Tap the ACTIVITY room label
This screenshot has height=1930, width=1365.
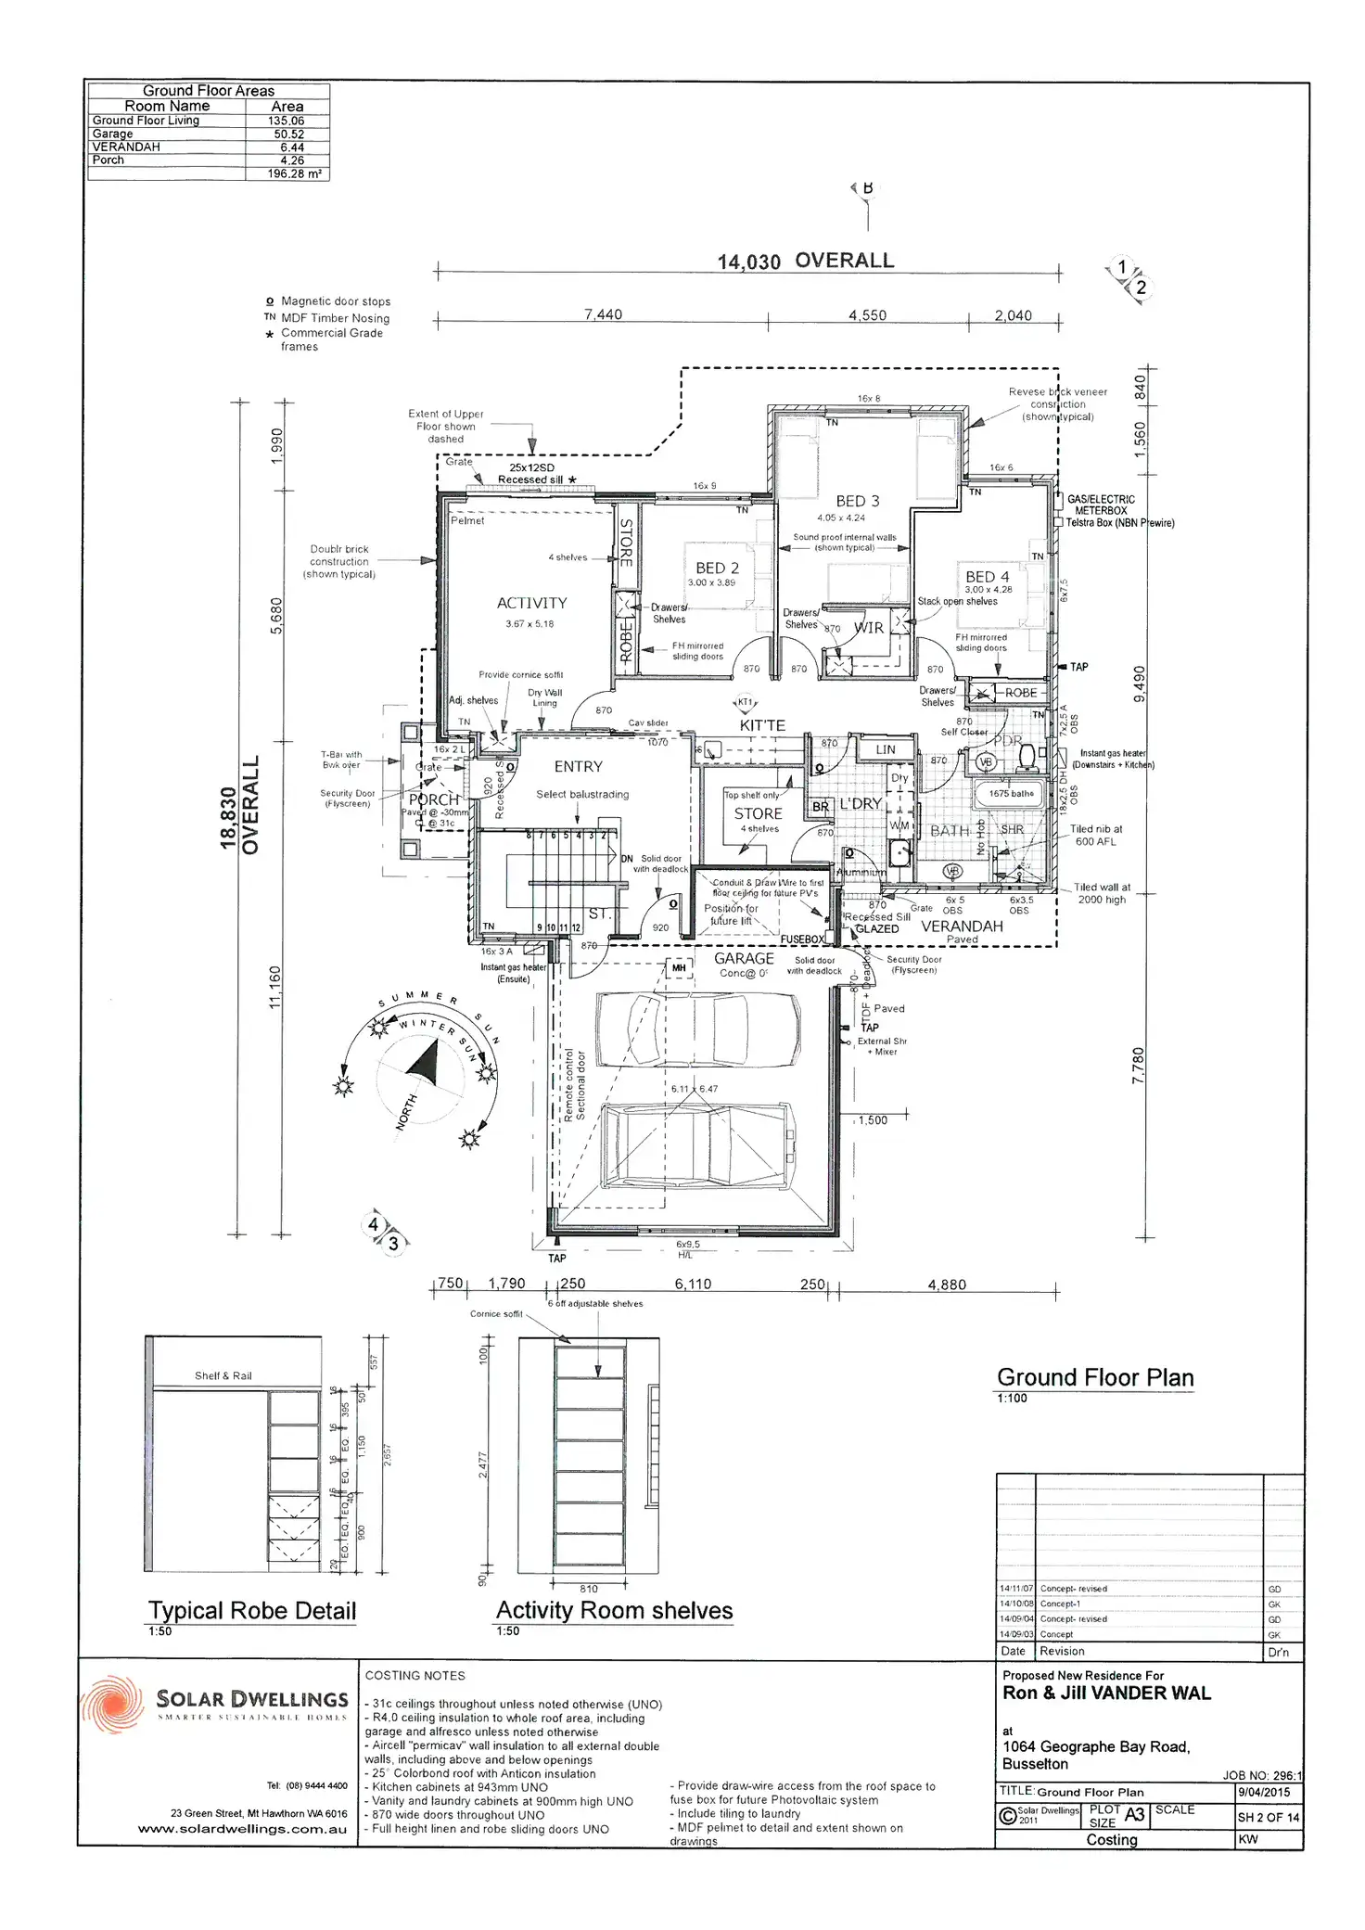[531, 603]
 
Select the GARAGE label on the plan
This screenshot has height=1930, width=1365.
[744, 958]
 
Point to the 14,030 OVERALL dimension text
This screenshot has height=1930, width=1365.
[805, 262]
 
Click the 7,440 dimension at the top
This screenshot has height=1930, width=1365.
[603, 314]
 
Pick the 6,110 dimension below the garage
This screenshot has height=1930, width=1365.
[693, 1284]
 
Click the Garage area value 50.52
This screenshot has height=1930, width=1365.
[288, 134]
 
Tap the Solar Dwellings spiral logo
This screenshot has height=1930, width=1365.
[113, 1704]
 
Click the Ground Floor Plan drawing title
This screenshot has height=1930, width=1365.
[1095, 1377]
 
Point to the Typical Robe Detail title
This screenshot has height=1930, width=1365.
[252, 1611]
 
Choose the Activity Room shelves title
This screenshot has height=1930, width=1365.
[614, 1611]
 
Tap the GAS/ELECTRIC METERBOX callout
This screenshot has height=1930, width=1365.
[1101, 505]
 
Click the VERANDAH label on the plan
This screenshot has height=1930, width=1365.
[962, 926]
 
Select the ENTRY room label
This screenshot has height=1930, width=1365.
[578, 767]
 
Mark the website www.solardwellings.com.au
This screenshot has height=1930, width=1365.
[242, 1830]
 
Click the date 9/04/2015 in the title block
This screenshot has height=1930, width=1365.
[1263, 1792]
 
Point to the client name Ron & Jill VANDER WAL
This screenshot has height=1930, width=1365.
[1106, 1693]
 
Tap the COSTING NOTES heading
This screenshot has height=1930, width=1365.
[415, 1675]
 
